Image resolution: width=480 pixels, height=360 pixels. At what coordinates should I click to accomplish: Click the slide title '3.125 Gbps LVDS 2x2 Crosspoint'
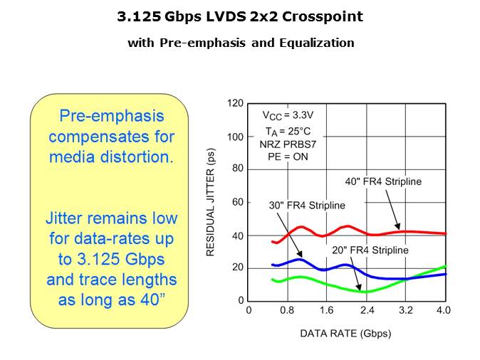tap(241, 16)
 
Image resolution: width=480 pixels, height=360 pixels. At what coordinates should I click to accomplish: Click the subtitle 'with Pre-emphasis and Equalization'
tap(241, 43)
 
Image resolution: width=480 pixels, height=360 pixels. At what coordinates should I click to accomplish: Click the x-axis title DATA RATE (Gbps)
tap(345, 333)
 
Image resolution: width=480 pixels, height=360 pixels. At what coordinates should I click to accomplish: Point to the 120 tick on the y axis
tap(235, 103)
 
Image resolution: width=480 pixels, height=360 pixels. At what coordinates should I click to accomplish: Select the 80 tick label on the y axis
tap(237, 169)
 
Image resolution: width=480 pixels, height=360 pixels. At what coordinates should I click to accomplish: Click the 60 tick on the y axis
tap(237, 202)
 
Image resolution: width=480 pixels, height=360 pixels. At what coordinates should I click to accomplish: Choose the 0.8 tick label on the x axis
tap(288, 310)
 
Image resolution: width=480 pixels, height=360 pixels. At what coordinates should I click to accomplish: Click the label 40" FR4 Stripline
tap(383, 181)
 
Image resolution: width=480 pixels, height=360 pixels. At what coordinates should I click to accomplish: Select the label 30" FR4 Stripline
tap(307, 206)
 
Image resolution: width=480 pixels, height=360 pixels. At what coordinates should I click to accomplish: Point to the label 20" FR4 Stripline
tap(370, 250)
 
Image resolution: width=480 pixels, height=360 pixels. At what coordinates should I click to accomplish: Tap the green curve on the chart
tap(335, 286)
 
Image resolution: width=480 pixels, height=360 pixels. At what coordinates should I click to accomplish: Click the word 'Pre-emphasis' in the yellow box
tap(111, 116)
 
